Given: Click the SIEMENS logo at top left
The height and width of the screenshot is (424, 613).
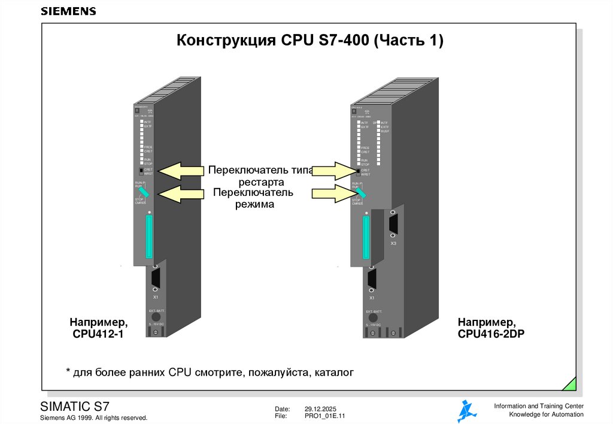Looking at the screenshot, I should coord(68,11).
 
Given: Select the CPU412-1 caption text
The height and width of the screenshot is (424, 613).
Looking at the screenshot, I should coord(98,334).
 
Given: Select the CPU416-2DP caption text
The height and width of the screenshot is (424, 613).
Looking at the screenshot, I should coord(491,334).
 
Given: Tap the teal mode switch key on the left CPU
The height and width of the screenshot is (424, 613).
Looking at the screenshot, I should coord(144,192).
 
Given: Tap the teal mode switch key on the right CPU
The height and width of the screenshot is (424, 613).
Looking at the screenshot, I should coord(362,193).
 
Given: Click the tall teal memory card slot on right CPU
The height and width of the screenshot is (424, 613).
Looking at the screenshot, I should coord(366,238).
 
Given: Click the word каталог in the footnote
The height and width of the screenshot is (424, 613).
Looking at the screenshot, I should coord(333,372).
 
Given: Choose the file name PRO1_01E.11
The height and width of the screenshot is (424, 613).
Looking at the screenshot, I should coord(325,416).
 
